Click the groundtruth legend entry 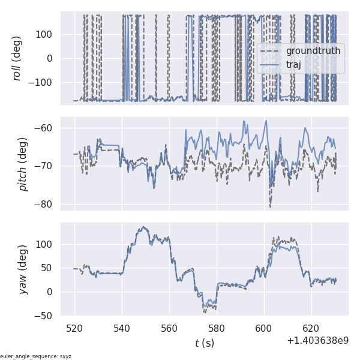click(313, 51)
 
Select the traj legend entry click(293, 65)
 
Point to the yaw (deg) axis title click(23, 269)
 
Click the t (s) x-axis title click(204, 343)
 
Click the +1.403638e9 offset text click(317, 340)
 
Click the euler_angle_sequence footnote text click(36, 356)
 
